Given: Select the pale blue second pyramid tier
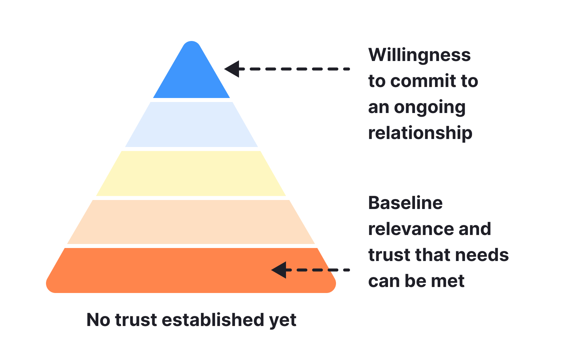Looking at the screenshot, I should (x=191, y=124).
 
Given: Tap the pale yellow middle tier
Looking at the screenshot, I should (x=191, y=173).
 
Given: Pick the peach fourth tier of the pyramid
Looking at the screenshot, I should (x=191, y=222).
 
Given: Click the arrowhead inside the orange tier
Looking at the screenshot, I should (x=280, y=270).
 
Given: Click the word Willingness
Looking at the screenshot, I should (x=419, y=55).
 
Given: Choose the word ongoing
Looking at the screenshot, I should (x=430, y=108).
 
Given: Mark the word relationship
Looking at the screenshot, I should (x=420, y=133).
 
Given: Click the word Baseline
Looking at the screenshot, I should (x=405, y=203).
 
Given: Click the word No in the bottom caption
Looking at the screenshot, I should (x=98, y=320).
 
